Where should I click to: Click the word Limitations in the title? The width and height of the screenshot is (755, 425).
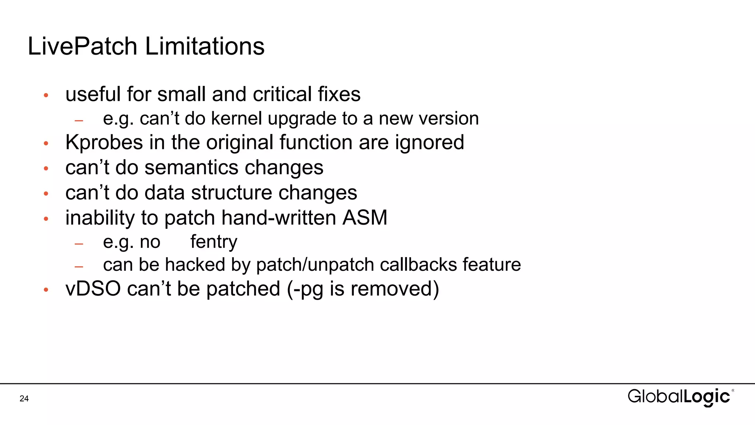point(205,46)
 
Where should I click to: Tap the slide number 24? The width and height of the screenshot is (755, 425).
point(24,398)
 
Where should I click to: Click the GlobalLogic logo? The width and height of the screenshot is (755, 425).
point(681,397)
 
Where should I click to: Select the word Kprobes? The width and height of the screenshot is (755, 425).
point(104,142)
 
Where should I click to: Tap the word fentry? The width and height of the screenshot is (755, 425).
point(214,242)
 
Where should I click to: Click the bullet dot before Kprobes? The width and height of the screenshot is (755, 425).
point(46,143)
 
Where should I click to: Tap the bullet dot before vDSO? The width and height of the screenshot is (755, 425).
point(46,290)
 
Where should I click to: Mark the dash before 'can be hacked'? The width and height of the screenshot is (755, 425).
point(79,266)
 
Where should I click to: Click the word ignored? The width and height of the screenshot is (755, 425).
point(429,142)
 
